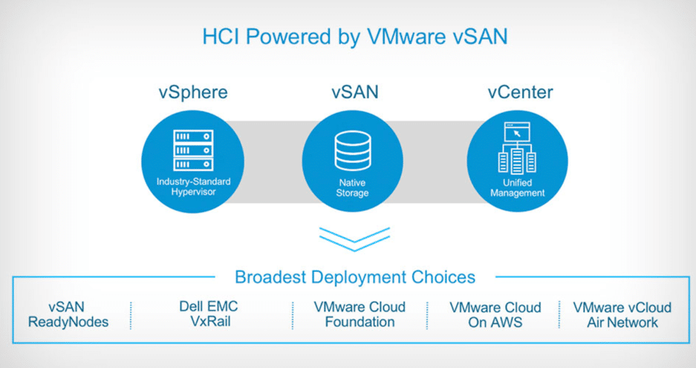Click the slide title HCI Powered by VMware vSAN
point(354,37)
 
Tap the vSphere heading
point(192,92)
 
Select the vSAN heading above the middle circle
point(354,92)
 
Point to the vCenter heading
point(520,92)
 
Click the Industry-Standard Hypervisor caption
point(193,187)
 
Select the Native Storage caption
point(352,188)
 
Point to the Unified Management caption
point(517,188)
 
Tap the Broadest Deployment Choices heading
point(355,277)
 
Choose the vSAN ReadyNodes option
point(68,314)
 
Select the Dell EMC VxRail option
point(209,314)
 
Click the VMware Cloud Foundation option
point(360,314)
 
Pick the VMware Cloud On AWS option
point(495,314)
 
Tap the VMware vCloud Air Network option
point(622,314)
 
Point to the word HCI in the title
point(221,37)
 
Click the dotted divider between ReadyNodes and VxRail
point(131,315)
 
